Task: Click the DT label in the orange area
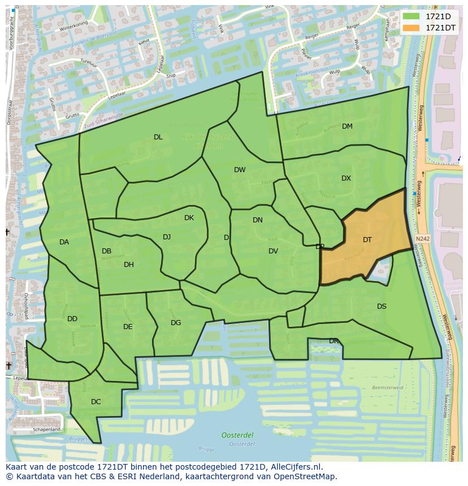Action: pyautogui.click(x=367, y=240)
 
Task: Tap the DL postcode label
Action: pyautogui.click(x=158, y=137)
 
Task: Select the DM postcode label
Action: pyautogui.click(x=347, y=126)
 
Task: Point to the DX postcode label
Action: pyautogui.click(x=346, y=178)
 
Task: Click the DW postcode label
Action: pyautogui.click(x=240, y=170)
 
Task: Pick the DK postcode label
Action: pyautogui.click(x=189, y=218)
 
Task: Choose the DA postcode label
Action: pyautogui.click(x=64, y=242)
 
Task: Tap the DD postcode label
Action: pyautogui.click(x=72, y=319)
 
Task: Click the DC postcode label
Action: pyautogui.click(x=96, y=402)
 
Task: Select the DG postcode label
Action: pyautogui.click(x=176, y=323)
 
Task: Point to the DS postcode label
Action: pyautogui.click(x=382, y=307)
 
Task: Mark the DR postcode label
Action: pyautogui.click(x=333, y=341)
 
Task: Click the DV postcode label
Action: pyautogui.click(x=273, y=251)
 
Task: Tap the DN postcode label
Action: pyautogui.click(x=258, y=220)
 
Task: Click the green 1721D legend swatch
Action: pyautogui.click(x=411, y=16)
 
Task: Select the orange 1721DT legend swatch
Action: pyautogui.click(x=411, y=28)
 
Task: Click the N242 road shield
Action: pyautogui.click(x=422, y=239)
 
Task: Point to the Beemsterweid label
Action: pyautogui.click(x=388, y=388)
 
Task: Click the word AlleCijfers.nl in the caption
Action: pyautogui.click(x=294, y=467)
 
